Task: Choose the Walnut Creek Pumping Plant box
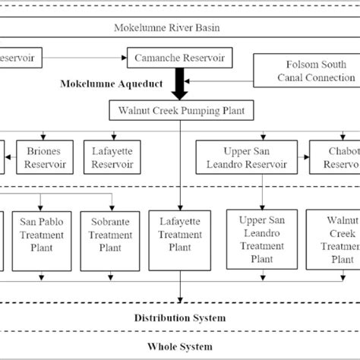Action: point(180,111)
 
